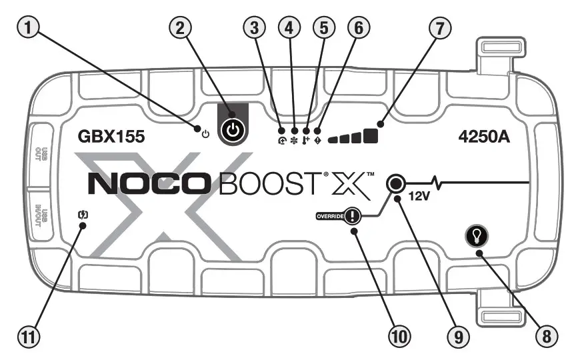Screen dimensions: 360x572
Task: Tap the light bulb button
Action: [479, 235]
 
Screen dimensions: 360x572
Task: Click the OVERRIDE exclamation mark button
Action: [352, 215]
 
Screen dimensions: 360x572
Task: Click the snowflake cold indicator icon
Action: [294, 132]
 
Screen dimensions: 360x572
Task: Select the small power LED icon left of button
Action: [205, 133]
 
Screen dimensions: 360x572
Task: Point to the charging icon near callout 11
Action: [83, 215]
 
